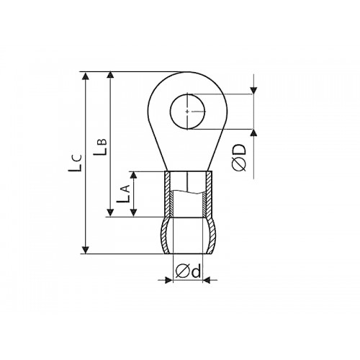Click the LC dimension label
click(x=75, y=163)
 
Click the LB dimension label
click(x=100, y=146)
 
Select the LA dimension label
click(x=123, y=194)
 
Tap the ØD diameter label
click(x=239, y=157)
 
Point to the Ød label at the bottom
click(x=188, y=271)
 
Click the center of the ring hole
click(x=188, y=112)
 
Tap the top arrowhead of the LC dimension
click(x=86, y=76)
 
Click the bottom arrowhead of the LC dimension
click(x=86, y=250)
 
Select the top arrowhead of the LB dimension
click(x=110, y=75)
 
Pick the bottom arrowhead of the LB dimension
click(x=110, y=213)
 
